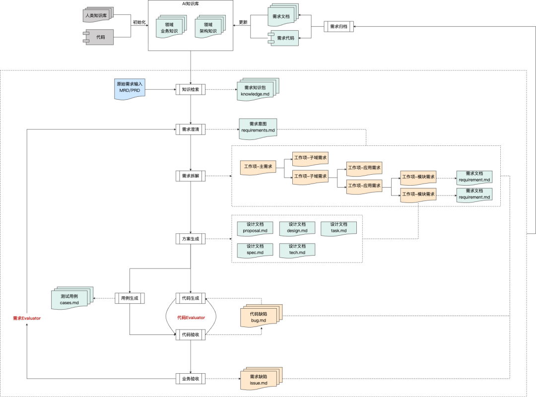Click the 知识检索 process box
[x=191, y=90]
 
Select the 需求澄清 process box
[x=191, y=129]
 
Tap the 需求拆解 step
[x=191, y=176]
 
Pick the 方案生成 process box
[x=191, y=239]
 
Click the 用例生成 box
[x=130, y=298]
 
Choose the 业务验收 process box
[x=191, y=379]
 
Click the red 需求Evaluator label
[x=27, y=318]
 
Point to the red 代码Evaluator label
[x=191, y=318]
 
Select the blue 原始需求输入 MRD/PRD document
[x=130, y=89]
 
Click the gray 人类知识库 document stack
[x=98, y=15]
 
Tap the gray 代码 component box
[x=98, y=37]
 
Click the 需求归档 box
[x=339, y=26]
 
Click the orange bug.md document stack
[x=262, y=316]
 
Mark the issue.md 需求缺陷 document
[x=262, y=379]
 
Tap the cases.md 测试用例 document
[x=72, y=298]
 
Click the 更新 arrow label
[x=243, y=22]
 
